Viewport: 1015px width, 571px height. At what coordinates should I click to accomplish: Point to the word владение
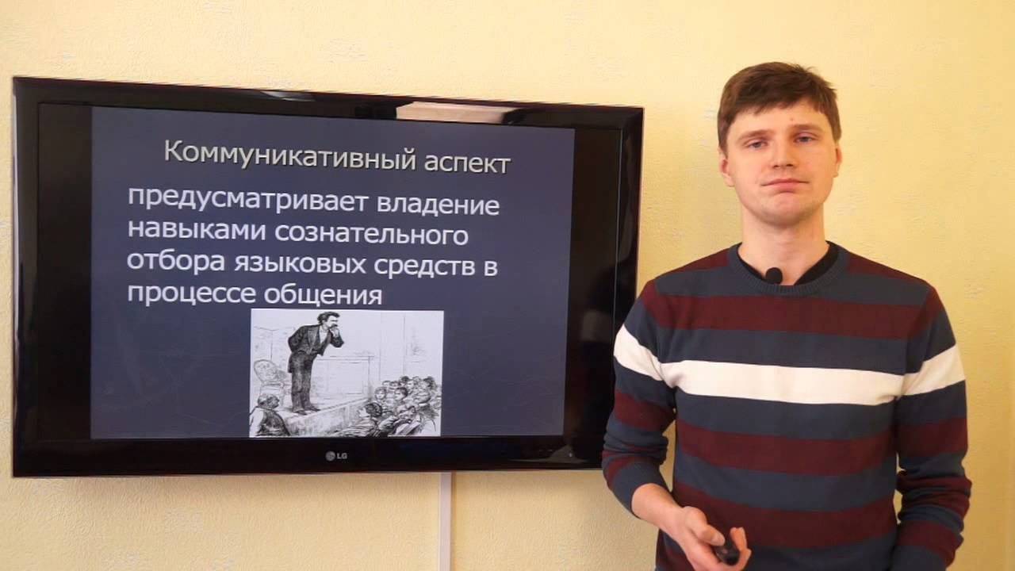(438, 204)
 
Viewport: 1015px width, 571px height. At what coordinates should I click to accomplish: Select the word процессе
(191, 293)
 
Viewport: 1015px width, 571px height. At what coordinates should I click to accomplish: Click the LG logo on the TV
(336, 454)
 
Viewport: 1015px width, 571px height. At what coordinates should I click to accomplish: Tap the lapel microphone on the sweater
(773, 275)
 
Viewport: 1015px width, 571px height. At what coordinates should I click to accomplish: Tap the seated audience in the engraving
(396, 404)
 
